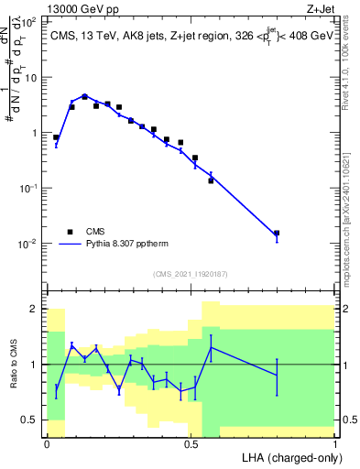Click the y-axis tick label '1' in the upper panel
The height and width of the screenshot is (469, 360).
(x=32, y=133)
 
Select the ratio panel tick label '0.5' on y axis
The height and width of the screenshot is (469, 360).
(x=27, y=420)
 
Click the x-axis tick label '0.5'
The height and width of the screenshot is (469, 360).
(x=191, y=445)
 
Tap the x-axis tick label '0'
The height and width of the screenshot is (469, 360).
(x=47, y=445)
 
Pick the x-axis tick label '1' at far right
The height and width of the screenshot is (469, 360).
(x=335, y=445)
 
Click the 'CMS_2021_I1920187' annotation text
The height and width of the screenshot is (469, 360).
(x=191, y=273)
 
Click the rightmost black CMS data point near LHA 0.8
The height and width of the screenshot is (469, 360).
(x=277, y=234)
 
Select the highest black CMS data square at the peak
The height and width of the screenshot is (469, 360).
(x=84, y=96)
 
